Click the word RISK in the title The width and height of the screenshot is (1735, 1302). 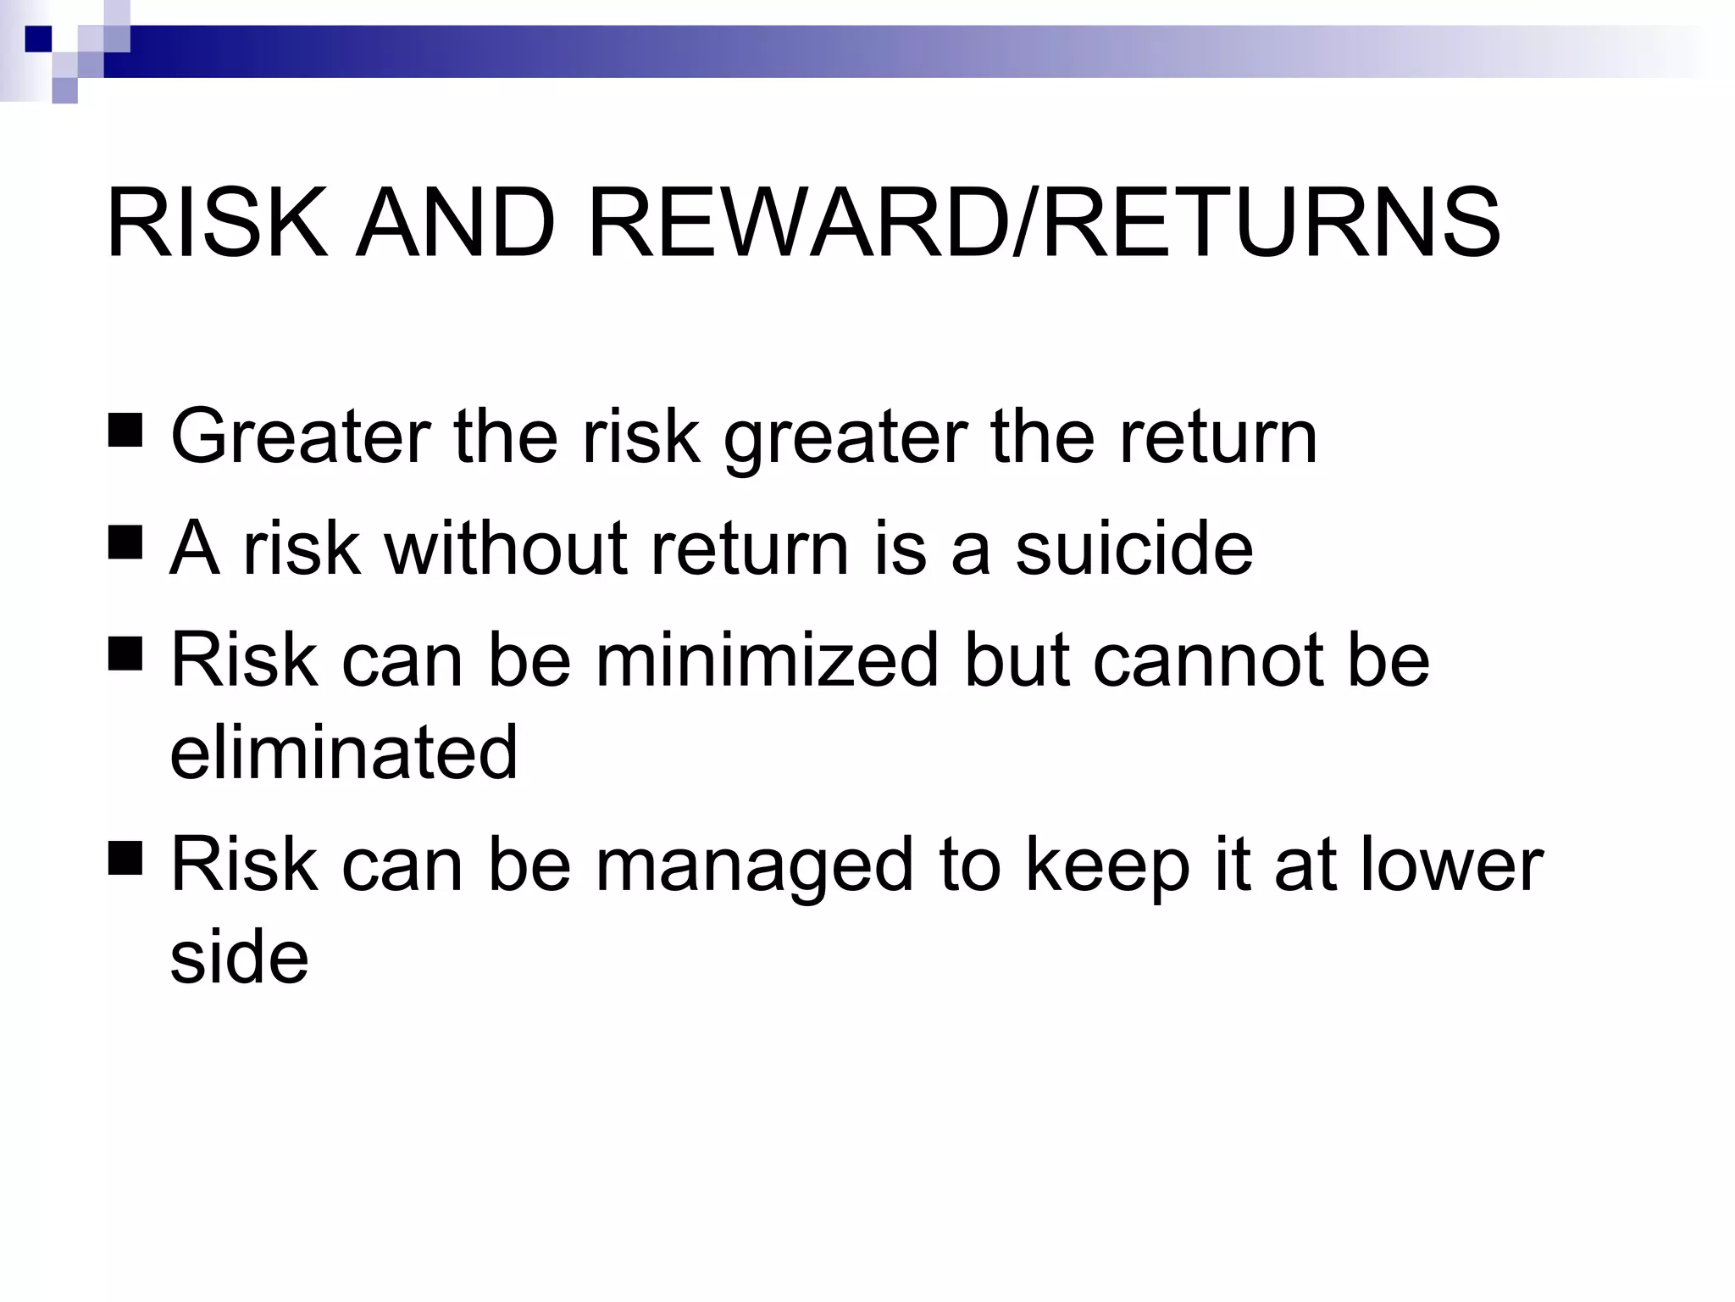click(217, 224)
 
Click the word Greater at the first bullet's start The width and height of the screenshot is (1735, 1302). click(301, 437)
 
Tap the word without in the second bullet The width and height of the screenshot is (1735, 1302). click(506, 548)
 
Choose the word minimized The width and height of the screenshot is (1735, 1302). click(768, 660)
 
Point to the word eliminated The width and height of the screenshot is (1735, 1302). click(343, 752)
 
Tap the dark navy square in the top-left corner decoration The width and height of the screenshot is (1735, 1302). click(38, 39)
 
